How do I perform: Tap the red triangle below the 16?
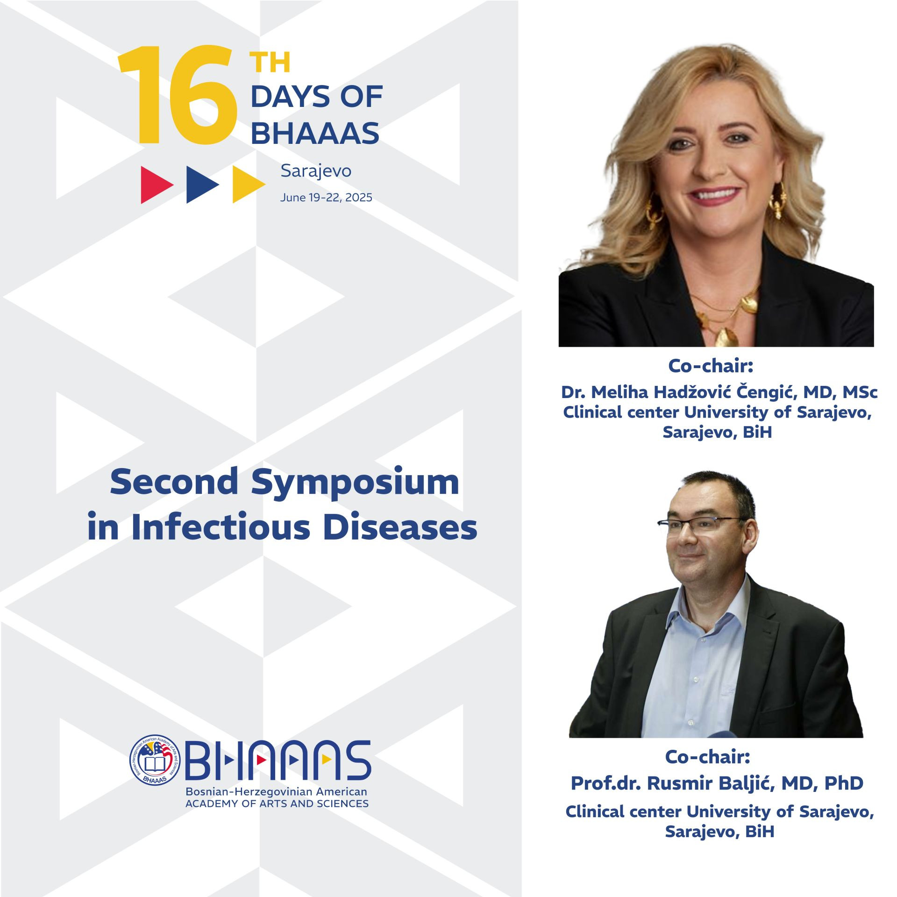157,185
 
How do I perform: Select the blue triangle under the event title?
202,185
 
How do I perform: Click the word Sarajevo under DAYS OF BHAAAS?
316,171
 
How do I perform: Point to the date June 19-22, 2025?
326,198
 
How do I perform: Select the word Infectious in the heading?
221,527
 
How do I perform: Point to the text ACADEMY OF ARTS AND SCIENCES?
277,804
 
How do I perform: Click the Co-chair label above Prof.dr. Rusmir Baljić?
707,756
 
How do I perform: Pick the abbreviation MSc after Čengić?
860,392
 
